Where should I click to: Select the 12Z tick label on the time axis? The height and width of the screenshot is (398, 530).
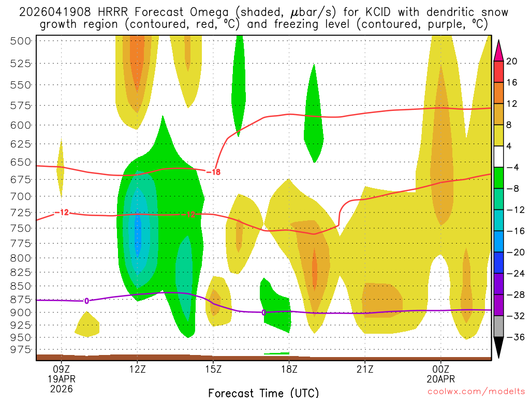137,371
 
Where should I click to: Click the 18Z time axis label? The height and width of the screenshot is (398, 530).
289,371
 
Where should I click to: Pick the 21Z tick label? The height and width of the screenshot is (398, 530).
365,371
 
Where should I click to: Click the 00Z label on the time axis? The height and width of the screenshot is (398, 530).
440,371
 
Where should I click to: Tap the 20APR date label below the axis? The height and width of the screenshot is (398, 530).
440,379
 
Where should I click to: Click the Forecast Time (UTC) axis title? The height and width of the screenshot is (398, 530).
263,392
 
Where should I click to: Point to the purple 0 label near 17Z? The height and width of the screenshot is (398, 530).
264,312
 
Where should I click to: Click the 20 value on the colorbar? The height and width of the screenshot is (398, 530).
512,61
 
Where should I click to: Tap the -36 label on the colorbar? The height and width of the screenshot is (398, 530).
512,337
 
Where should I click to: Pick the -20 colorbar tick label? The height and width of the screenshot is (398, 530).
512,252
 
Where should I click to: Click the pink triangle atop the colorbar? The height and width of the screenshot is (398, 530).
498,50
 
